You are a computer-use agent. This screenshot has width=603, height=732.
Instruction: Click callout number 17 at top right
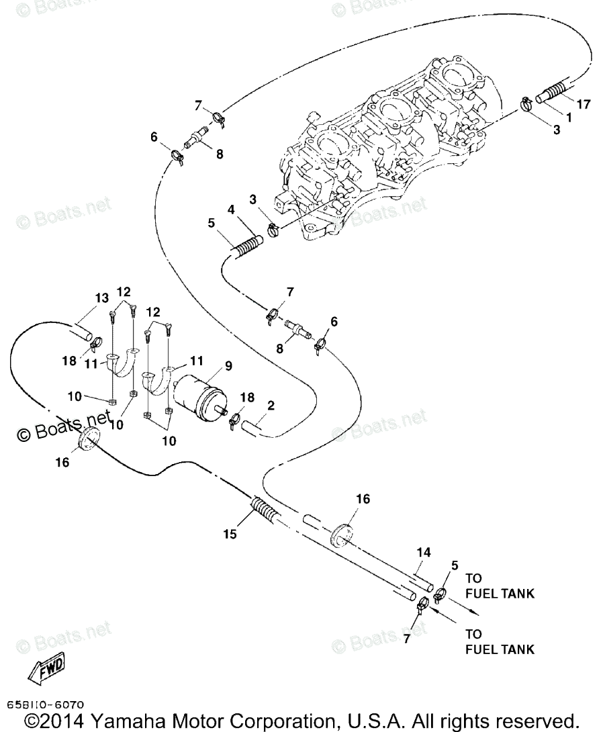pos(583,104)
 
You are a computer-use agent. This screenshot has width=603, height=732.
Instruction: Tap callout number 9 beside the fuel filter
pos(228,365)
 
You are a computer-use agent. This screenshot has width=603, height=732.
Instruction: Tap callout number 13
pos(101,298)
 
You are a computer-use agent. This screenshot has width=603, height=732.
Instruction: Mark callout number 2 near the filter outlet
pos(271,405)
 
